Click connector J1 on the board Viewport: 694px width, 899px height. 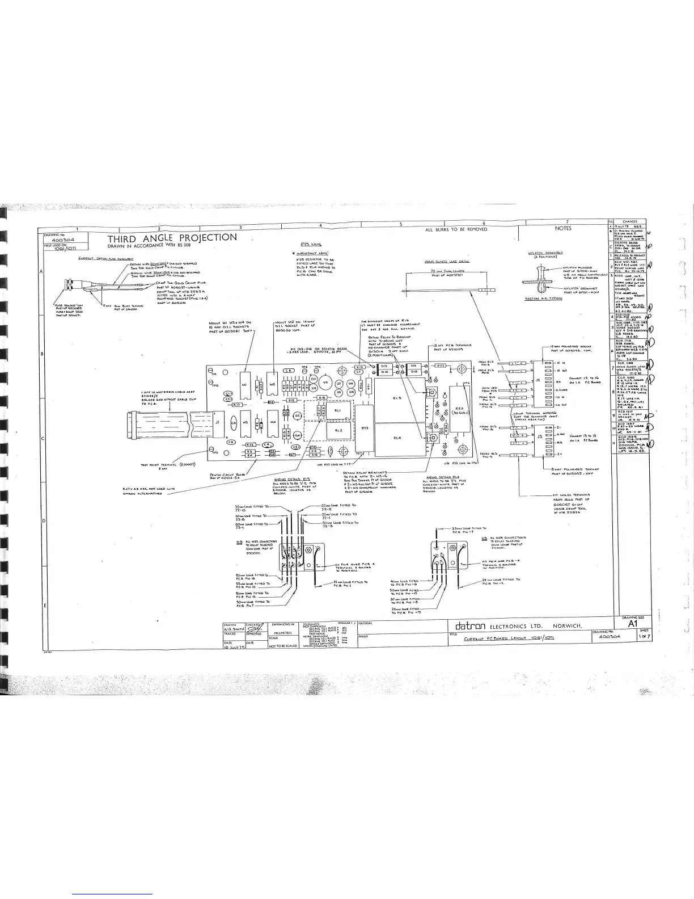pos(217,422)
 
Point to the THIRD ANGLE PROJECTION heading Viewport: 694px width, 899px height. pos(172,237)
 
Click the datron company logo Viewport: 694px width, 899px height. pos(468,625)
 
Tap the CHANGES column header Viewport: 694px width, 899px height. pos(630,222)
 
